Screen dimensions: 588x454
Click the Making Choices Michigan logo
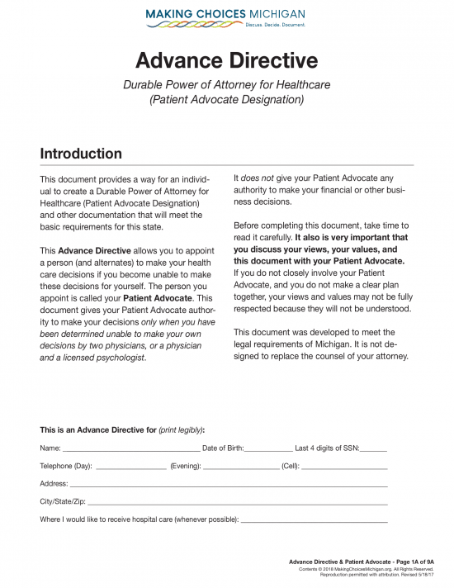(x=225, y=16)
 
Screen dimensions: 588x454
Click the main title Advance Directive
(x=226, y=60)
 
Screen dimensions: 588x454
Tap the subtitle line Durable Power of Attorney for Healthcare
(x=226, y=85)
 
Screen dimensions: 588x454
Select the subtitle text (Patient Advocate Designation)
(x=226, y=100)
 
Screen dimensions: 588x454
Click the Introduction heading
(x=81, y=154)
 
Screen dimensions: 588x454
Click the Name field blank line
(x=131, y=450)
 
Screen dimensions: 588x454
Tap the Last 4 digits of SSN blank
(x=373, y=450)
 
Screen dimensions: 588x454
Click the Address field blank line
(x=229, y=485)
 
